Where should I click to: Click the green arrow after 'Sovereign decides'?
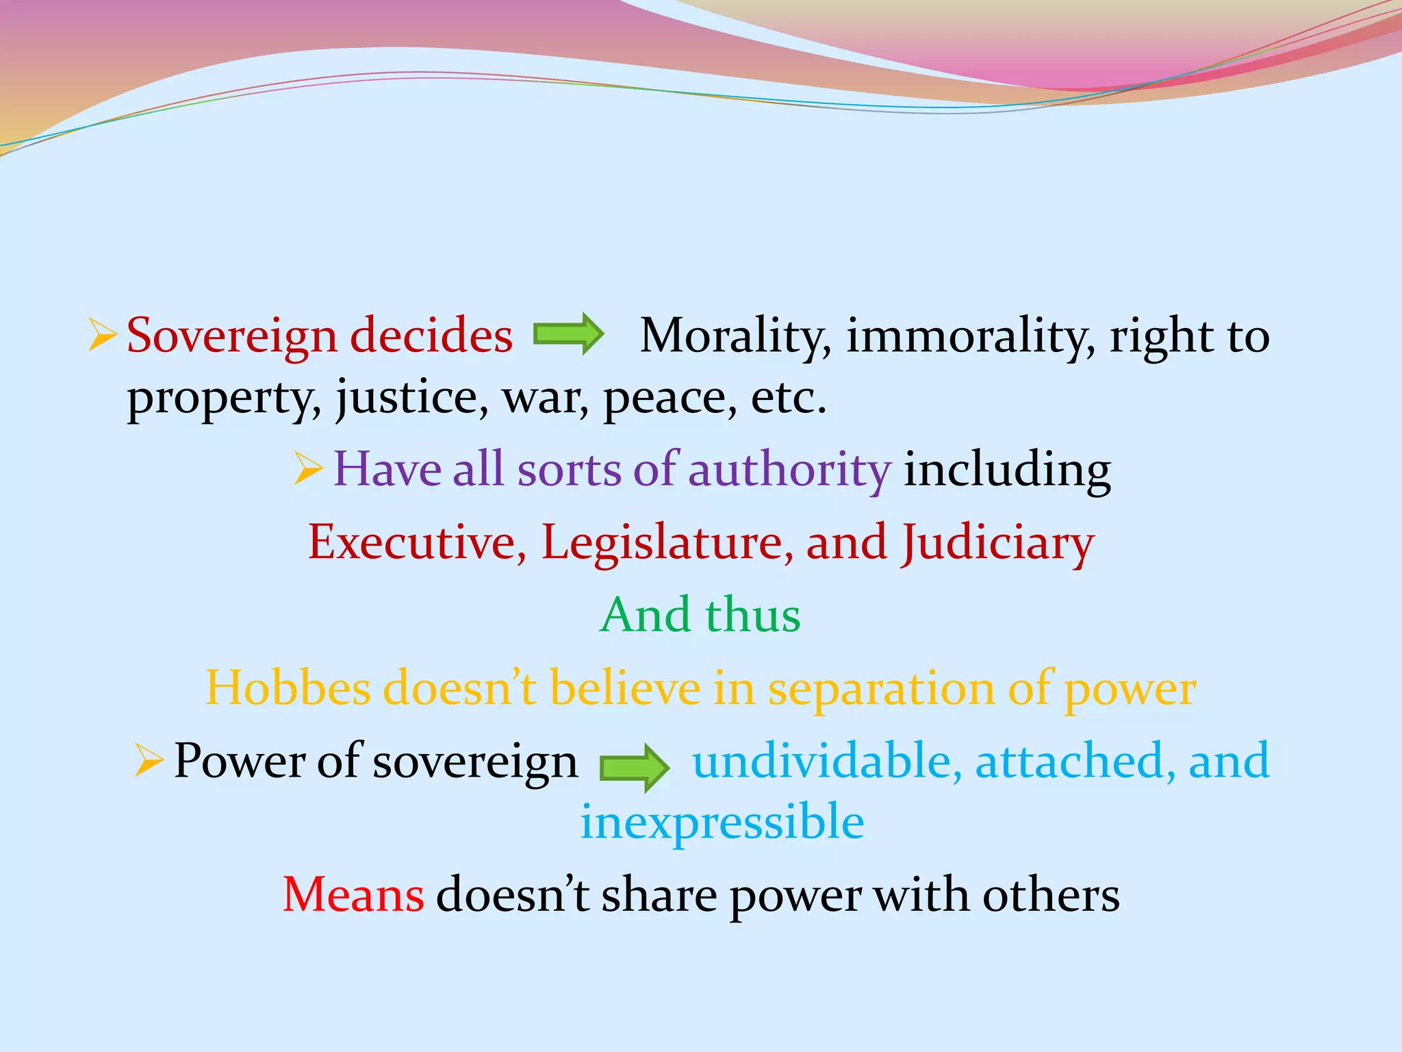568,334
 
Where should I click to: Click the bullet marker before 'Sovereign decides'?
102,335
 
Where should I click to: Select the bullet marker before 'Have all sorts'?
308,469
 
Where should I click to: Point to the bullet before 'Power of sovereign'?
149,760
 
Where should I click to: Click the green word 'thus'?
752,614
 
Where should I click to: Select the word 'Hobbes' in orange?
288,688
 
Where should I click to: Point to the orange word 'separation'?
880,689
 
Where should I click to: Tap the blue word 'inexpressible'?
722,822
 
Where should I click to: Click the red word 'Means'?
353,894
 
